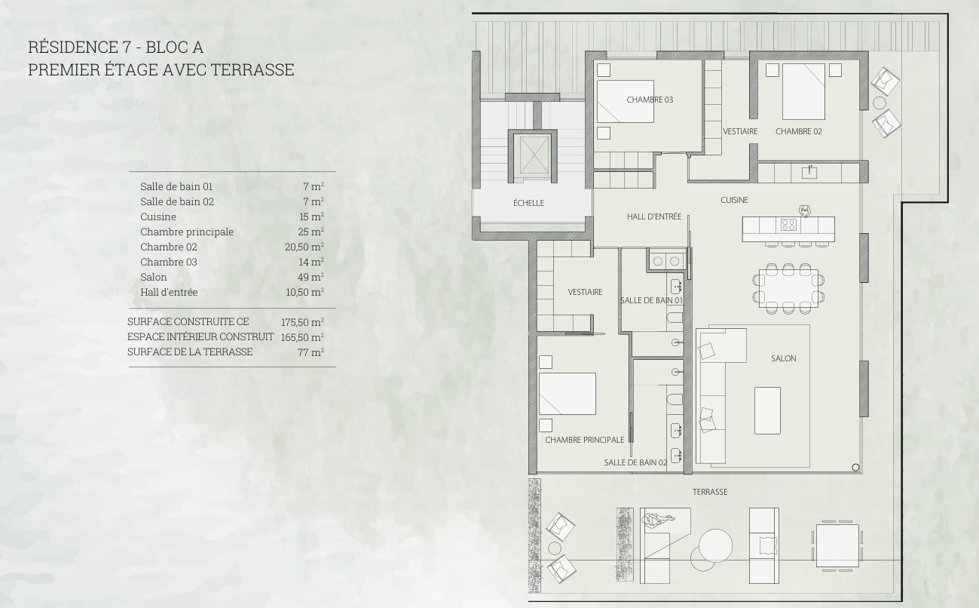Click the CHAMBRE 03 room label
tap(650, 100)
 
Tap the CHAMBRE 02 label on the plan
tap(798, 131)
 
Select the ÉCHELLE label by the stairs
tap(528, 203)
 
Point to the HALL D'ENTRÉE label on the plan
tap(654, 216)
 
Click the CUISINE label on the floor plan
tap(734, 200)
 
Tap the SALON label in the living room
tap(783, 358)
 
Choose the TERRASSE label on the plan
tap(710, 492)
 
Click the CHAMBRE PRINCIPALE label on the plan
tap(584, 440)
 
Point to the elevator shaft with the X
tap(532, 155)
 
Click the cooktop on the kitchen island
tap(788, 225)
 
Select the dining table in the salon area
tap(788, 288)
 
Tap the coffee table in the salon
tap(767, 410)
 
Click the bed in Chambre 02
tap(803, 91)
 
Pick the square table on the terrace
tap(837, 546)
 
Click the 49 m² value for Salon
tap(311, 277)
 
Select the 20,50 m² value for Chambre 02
tap(304, 247)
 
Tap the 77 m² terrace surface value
tap(311, 352)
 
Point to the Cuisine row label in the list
tap(158, 216)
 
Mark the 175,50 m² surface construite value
tap(302, 322)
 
